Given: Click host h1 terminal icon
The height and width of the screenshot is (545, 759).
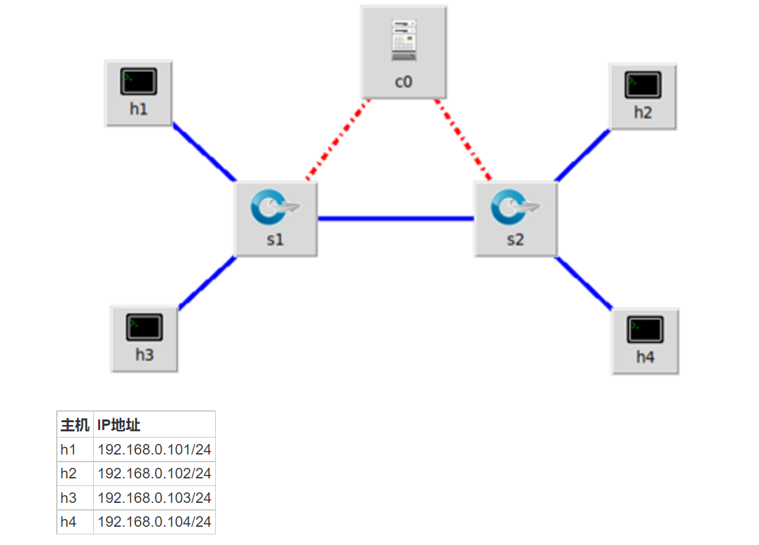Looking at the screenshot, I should pyautogui.click(x=138, y=82).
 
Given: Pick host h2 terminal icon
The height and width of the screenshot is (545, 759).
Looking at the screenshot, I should pyautogui.click(x=643, y=86).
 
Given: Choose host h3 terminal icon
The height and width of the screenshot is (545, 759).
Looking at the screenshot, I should pyautogui.click(x=144, y=328).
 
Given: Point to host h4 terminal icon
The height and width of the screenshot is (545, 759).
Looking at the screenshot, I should pyautogui.click(x=645, y=330).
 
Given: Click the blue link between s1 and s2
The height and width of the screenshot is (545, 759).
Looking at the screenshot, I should pyautogui.click(x=396, y=219).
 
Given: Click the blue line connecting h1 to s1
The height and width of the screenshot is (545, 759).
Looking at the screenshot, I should pyautogui.click(x=204, y=154).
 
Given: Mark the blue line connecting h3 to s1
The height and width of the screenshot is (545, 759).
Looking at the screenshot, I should pyautogui.click(x=207, y=282).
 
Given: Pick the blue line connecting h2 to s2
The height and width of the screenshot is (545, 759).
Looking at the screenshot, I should pyautogui.click(x=582, y=155).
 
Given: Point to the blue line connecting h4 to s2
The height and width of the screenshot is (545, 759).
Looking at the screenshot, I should pyautogui.click(x=584, y=283).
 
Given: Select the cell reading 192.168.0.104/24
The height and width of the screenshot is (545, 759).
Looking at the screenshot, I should pyautogui.click(x=154, y=522).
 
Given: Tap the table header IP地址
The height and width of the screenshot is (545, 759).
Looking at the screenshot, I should pyautogui.click(x=119, y=425).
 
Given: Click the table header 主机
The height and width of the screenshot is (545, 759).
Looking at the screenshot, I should pyautogui.click(x=75, y=425).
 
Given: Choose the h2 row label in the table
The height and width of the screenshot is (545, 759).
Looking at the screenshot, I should pyautogui.click(x=69, y=473).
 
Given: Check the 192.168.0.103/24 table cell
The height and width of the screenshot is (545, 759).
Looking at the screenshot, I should pyautogui.click(x=154, y=498).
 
